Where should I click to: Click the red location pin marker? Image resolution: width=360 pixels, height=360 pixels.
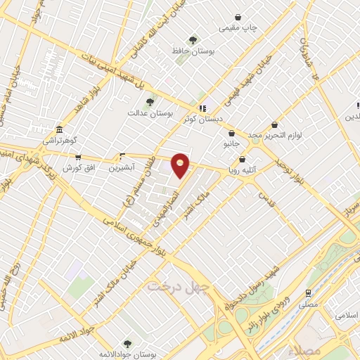pyautogui.click(x=181, y=165)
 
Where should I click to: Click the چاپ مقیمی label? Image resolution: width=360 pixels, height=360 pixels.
pyautogui.click(x=239, y=28)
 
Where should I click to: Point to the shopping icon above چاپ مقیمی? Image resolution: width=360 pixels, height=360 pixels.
pyautogui.click(x=239, y=17)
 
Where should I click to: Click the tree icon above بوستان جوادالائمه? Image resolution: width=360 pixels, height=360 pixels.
pyautogui.click(x=127, y=343)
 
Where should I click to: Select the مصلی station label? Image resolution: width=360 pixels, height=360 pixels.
pyautogui.click(x=308, y=305)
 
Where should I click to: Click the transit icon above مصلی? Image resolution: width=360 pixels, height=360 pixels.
pyautogui.click(x=308, y=293)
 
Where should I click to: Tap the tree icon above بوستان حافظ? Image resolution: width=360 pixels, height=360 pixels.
pyautogui.click(x=193, y=40)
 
